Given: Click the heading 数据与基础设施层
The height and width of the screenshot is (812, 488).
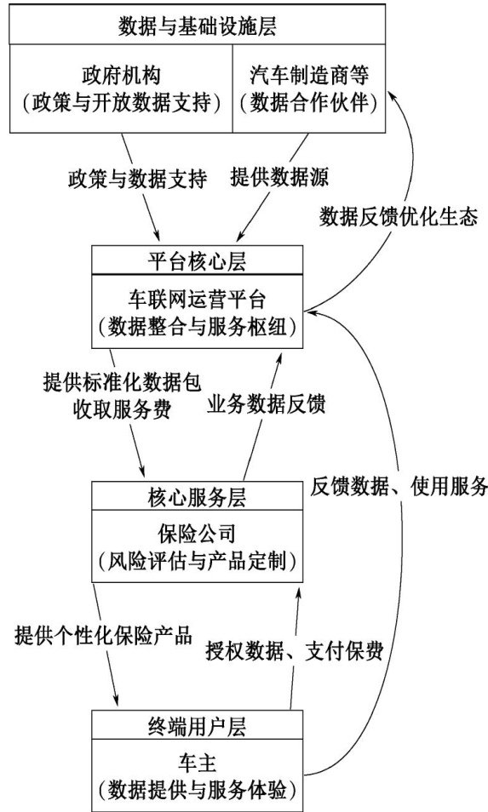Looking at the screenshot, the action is (198, 26).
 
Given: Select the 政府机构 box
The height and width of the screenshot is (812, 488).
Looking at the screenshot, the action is (121, 89).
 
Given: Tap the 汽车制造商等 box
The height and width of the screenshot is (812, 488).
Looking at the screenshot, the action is (309, 89).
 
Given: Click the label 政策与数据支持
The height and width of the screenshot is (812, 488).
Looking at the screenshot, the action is (137, 179).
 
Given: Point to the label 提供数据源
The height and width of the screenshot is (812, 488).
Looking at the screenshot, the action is (279, 177).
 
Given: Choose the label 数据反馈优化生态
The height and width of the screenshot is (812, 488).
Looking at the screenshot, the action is (399, 216).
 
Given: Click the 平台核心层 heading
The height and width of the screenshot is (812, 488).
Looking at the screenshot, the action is (198, 260).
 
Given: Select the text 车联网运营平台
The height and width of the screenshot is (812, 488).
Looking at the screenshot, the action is (198, 300).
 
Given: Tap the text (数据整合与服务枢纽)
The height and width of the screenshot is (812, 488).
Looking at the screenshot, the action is (198, 327).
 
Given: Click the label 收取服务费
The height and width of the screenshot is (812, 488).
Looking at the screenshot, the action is (123, 409).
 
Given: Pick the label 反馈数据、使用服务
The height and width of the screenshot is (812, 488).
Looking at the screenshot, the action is (399, 486).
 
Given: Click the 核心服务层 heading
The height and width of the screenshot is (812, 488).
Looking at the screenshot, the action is (198, 496).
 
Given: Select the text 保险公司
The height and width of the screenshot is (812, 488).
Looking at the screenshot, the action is (198, 534).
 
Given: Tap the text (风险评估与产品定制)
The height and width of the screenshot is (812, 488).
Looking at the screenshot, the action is (198, 561).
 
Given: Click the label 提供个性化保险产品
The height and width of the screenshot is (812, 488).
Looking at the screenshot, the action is (104, 635).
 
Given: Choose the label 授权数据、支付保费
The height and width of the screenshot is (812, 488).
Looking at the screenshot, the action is (295, 650).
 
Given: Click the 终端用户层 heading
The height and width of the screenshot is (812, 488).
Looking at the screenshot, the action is (198, 726).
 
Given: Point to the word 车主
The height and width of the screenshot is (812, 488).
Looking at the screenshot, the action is (198, 763).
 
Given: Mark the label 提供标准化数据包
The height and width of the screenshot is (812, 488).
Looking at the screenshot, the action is (123, 383).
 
